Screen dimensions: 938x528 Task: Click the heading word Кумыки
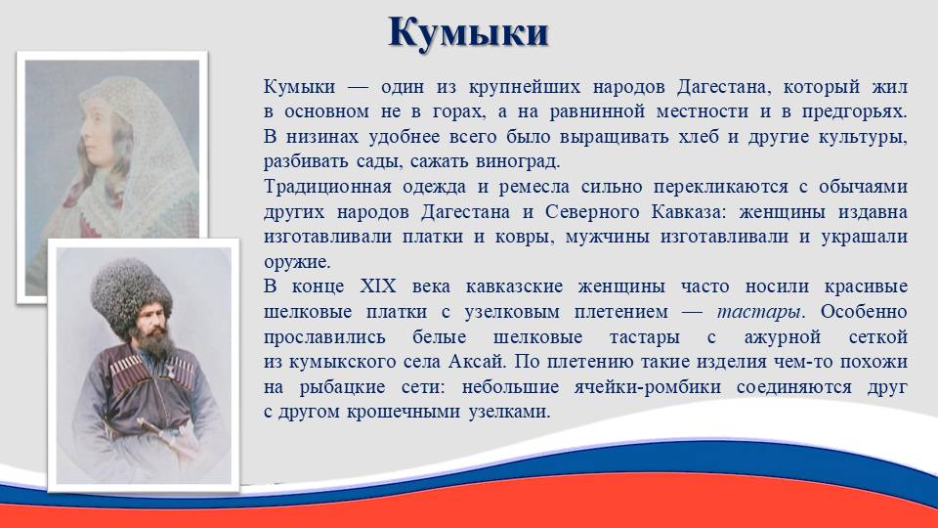(468, 33)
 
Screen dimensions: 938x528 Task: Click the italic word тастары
(758, 311)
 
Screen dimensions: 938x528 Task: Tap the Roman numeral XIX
(378, 286)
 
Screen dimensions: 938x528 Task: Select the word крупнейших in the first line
(525, 87)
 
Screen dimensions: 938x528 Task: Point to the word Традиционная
(328, 187)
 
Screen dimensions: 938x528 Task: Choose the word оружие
(297, 262)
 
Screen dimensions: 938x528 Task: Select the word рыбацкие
(342, 387)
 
